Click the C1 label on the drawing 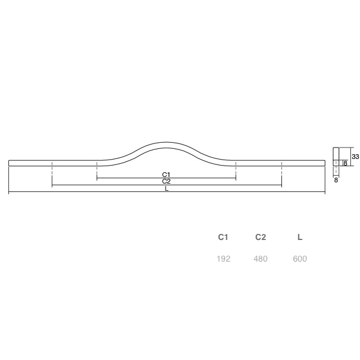tap(166, 175)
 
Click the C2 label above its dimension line tap(166, 181)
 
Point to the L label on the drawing tap(167, 189)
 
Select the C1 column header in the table tap(223, 237)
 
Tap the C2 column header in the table tap(260, 237)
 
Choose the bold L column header tap(300, 237)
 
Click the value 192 tap(223, 259)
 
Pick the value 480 tap(260, 259)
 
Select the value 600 tap(300, 259)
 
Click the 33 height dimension tap(355, 157)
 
